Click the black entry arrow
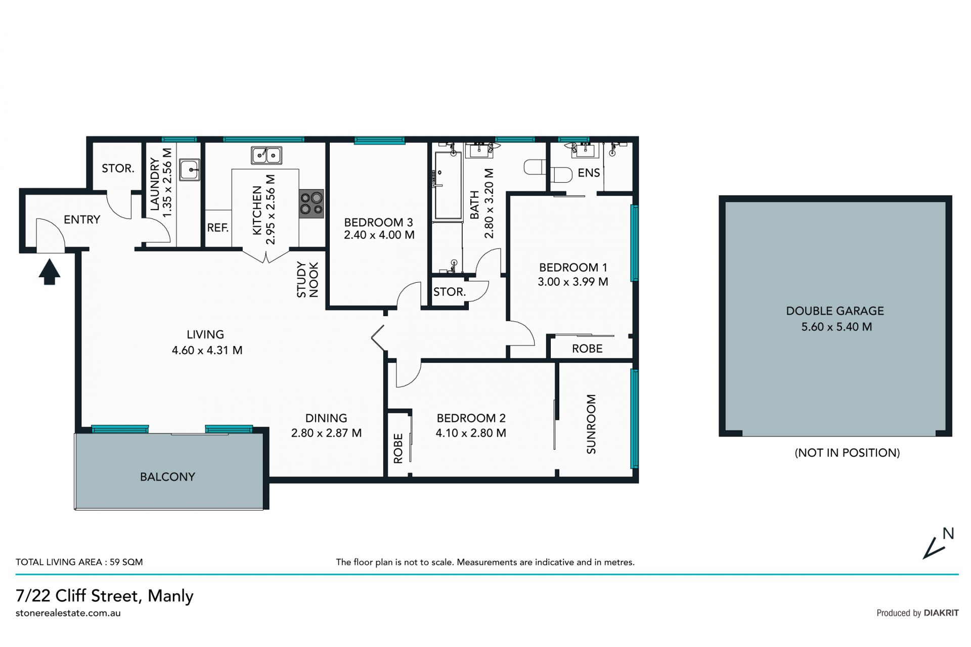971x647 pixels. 50,272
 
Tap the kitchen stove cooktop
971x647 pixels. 311,204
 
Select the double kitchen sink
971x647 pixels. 267,155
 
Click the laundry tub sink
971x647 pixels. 190,170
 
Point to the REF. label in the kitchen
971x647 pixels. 218,228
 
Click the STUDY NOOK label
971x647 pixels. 307,279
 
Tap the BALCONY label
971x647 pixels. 167,477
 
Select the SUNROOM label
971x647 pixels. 591,424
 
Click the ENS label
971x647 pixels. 589,173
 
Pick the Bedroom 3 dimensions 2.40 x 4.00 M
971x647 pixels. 379,235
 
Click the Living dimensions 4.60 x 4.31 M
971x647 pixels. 207,350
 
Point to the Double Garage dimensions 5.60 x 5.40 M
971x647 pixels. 836,327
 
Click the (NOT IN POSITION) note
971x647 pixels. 848,453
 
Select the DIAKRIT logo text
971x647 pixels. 941,613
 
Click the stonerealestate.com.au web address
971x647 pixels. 68,613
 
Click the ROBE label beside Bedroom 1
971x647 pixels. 587,349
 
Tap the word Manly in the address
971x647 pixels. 170,596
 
